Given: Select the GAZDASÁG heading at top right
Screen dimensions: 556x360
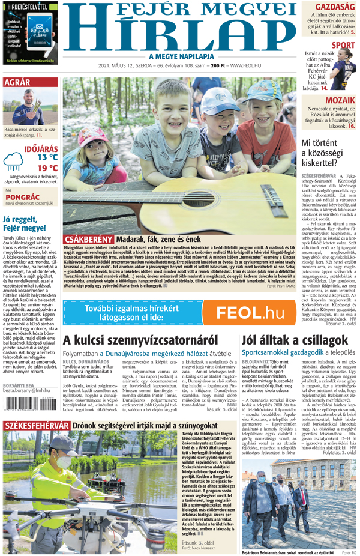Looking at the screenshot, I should point(334,7).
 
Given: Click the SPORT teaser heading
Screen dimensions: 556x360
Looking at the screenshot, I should point(343,46).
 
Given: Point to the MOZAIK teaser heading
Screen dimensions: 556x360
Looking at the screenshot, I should point(340,100).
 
